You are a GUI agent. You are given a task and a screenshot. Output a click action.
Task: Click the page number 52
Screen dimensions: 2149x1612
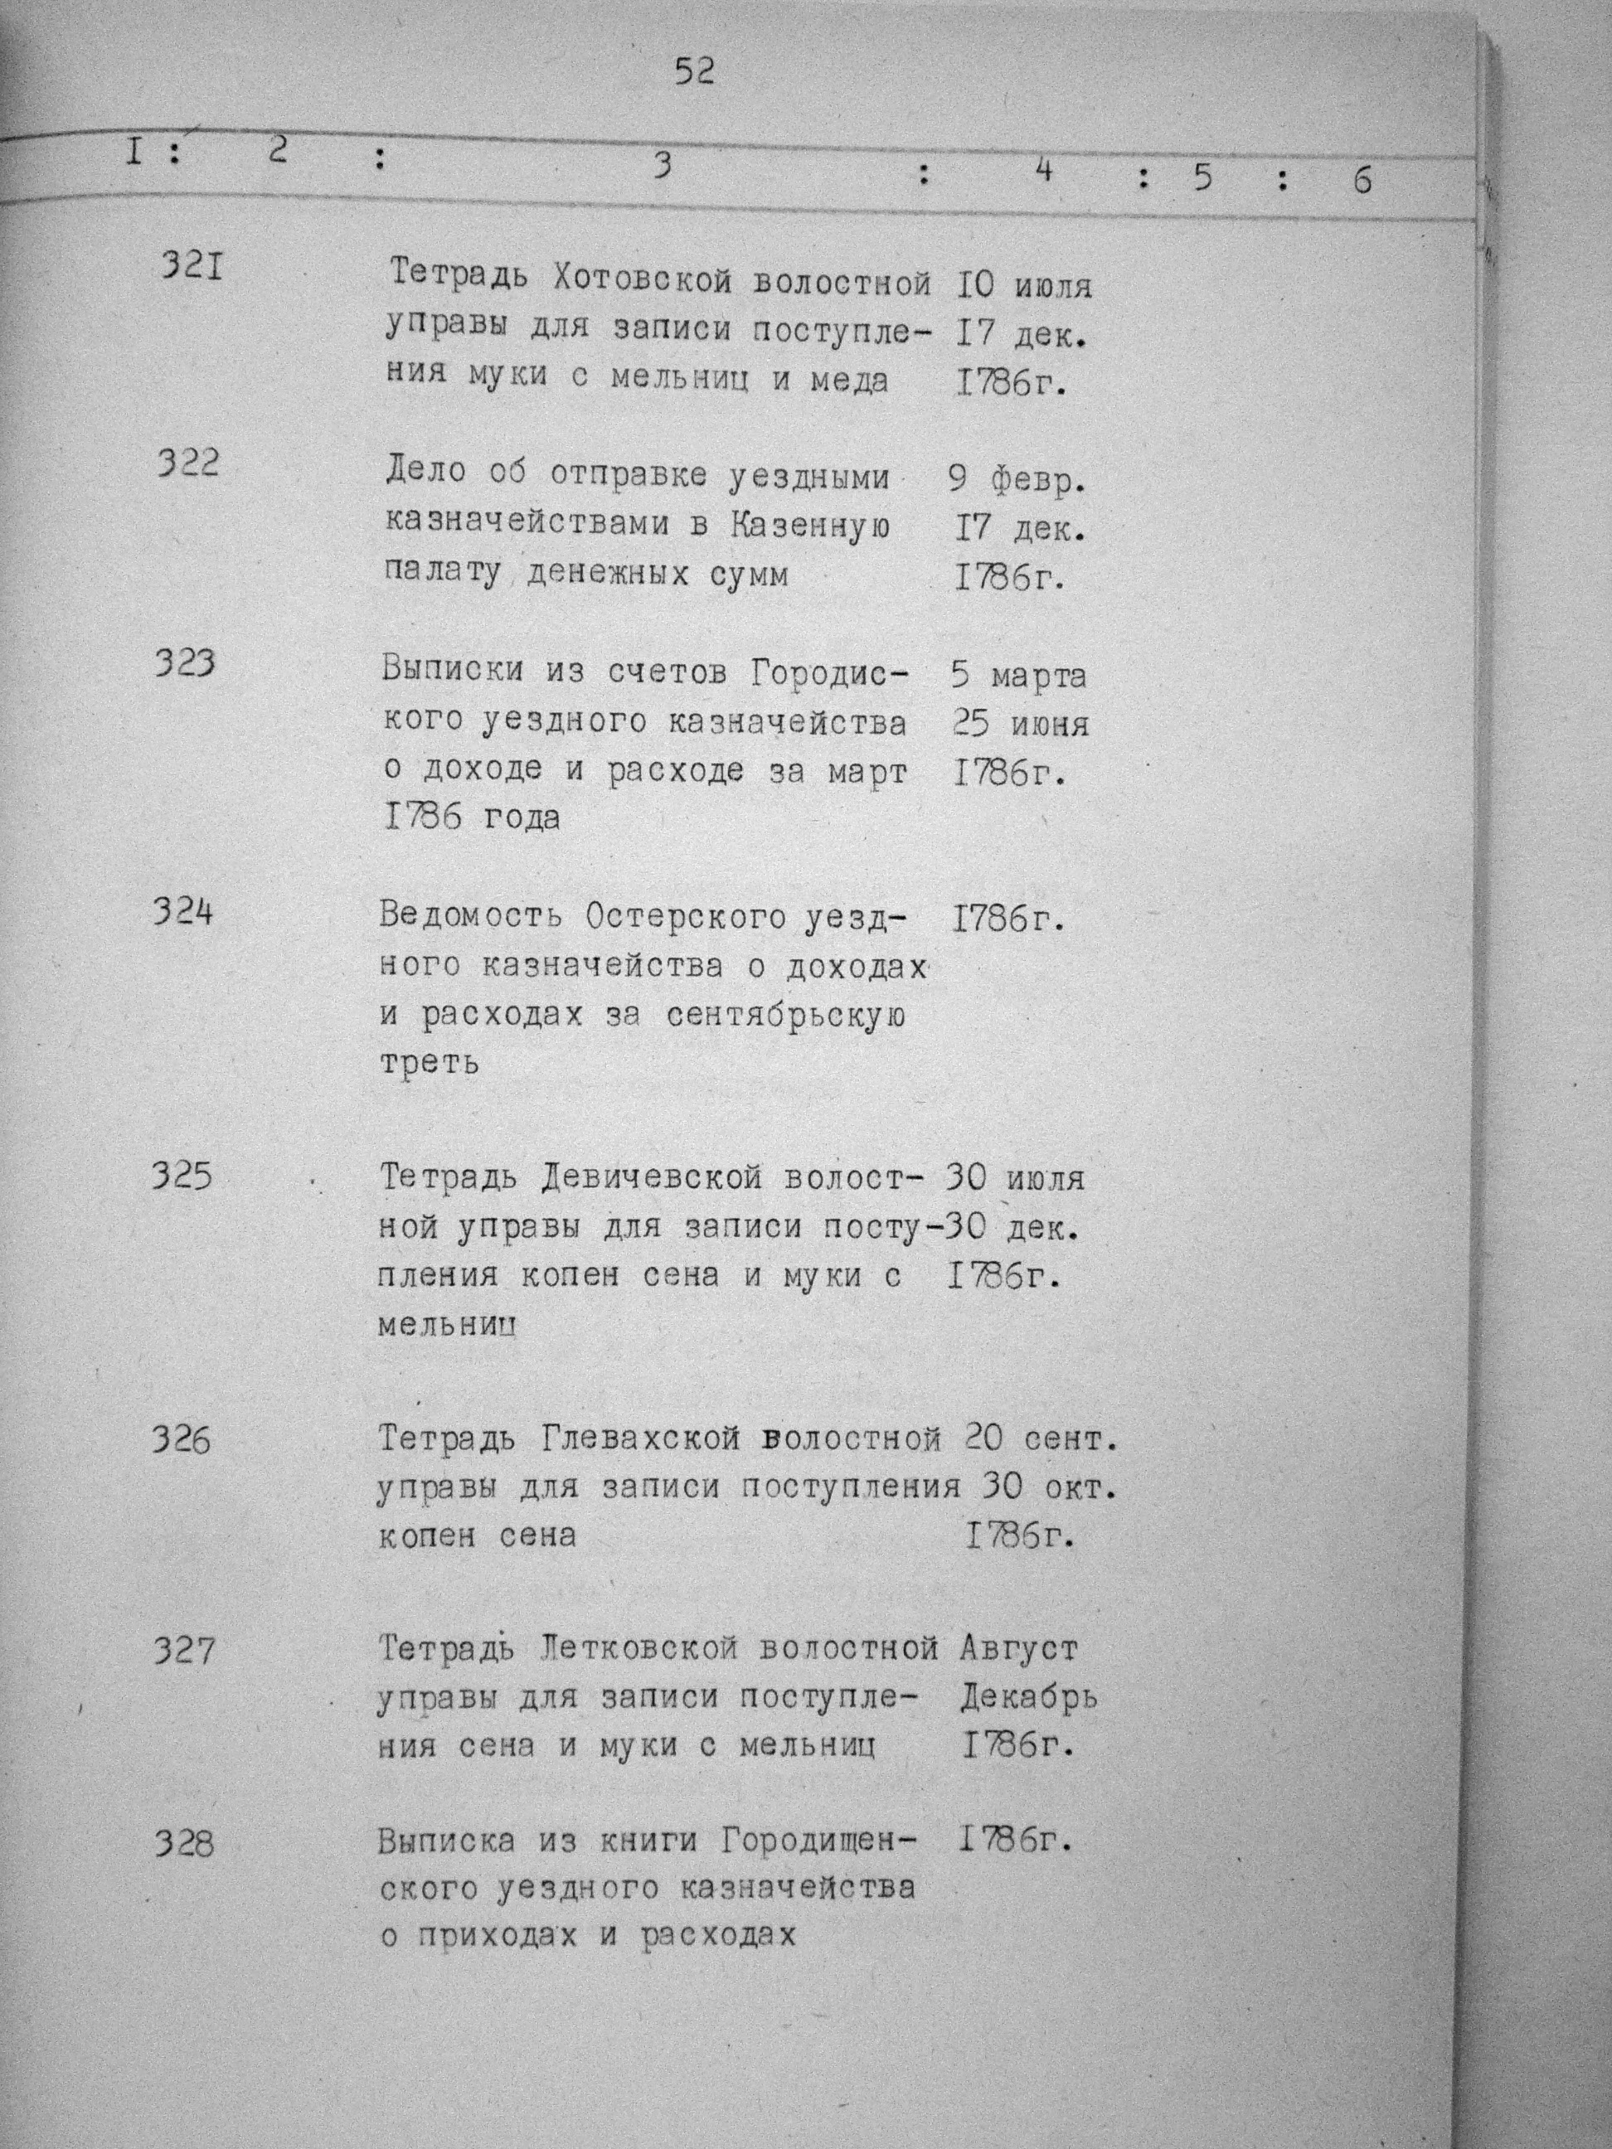click(695, 72)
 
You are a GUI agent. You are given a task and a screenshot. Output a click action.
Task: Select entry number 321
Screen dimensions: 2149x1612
click(191, 264)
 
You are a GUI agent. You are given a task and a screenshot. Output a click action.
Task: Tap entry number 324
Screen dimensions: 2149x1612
click(182, 912)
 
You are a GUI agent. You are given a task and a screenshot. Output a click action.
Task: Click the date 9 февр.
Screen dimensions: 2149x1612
click(1017, 479)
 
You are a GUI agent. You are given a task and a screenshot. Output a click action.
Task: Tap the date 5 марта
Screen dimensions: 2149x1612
click(1018, 674)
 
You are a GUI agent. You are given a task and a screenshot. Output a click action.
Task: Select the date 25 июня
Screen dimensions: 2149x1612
click(1020, 724)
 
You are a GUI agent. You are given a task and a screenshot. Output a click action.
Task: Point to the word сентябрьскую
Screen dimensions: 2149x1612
click(787, 1016)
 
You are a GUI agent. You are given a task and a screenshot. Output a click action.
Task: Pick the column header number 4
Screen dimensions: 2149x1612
click(1044, 171)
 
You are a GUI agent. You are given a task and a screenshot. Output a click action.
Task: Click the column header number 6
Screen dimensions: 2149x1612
click(1362, 181)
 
